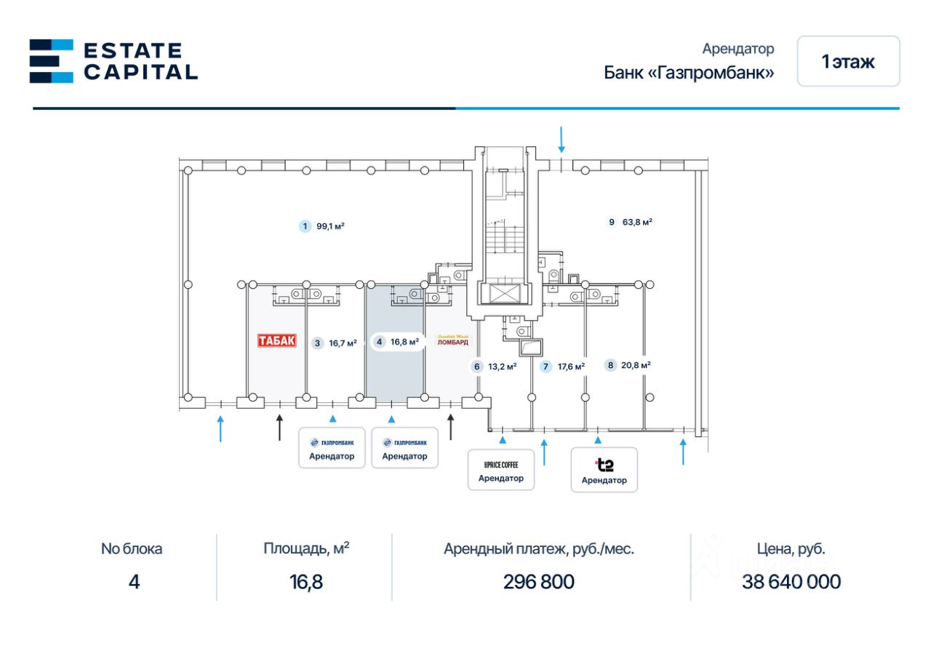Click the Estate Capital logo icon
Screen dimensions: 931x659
point(51,61)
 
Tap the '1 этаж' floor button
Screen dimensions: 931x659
point(848,62)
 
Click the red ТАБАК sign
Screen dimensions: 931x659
point(278,340)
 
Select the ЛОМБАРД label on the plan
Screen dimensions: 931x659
point(452,340)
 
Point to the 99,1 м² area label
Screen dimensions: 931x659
point(330,226)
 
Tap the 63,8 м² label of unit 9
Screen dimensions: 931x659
point(637,222)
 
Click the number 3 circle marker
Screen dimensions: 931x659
point(317,343)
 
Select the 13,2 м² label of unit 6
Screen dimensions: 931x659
point(502,367)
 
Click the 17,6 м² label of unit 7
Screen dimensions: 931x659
point(571,367)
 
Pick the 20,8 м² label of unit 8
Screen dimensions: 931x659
point(636,366)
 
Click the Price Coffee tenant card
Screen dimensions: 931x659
point(501,470)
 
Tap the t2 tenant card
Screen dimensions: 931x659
point(604,470)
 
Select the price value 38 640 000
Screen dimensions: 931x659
point(791,582)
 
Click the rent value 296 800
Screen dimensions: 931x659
point(538,582)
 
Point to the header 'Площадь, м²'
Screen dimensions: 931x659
point(306,548)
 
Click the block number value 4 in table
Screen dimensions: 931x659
point(134,582)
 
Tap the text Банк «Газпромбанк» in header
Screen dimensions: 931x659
point(688,73)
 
